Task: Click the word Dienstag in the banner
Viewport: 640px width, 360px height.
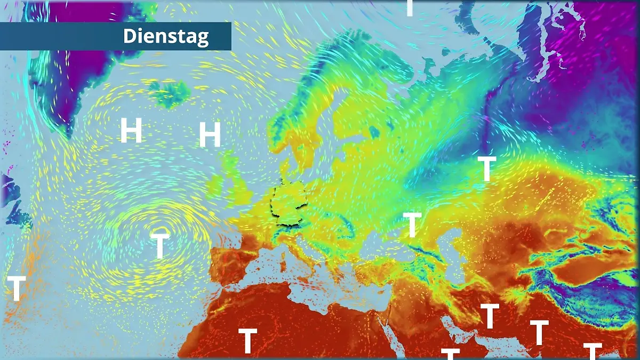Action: pyautogui.click(x=165, y=36)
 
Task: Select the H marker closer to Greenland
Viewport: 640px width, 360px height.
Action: pyautogui.click(x=131, y=131)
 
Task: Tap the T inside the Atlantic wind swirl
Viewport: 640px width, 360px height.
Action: pyautogui.click(x=159, y=245)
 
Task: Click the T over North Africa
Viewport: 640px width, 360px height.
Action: pyautogui.click(x=247, y=341)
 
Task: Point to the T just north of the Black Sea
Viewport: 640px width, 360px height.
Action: pyautogui.click(x=412, y=225)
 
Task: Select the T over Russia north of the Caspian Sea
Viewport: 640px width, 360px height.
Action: pyautogui.click(x=486, y=169)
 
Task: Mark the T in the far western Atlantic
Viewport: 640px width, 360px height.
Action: pyautogui.click(x=17, y=289)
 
